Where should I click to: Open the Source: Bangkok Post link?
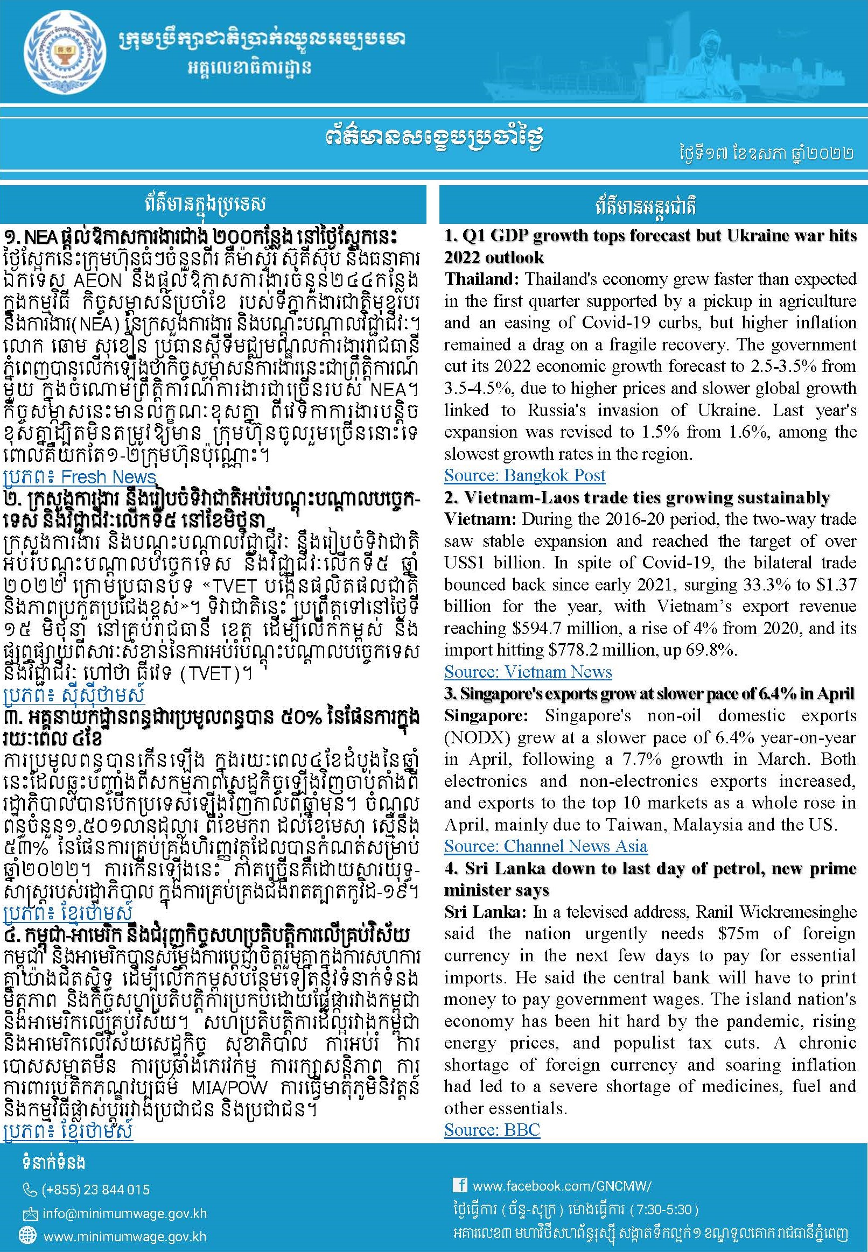524,476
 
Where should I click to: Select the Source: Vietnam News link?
528,672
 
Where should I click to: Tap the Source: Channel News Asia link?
545,847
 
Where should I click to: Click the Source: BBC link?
492,1130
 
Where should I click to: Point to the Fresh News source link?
79,477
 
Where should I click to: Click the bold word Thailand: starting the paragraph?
481,279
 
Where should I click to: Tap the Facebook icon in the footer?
459,1185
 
